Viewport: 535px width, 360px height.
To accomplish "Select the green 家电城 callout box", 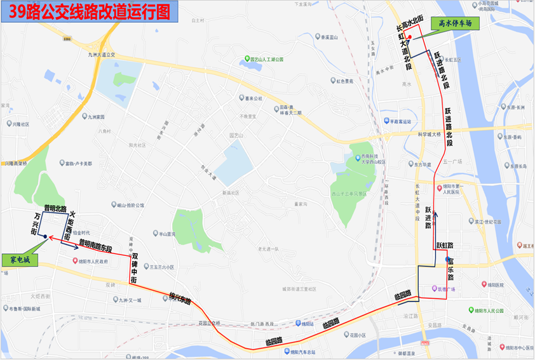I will click(x=20, y=260).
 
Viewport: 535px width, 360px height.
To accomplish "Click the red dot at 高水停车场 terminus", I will click(x=409, y=38).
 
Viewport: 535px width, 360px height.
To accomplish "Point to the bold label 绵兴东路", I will click(x=180, y=298).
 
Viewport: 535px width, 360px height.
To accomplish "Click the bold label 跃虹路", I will click(x=444, y=245).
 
